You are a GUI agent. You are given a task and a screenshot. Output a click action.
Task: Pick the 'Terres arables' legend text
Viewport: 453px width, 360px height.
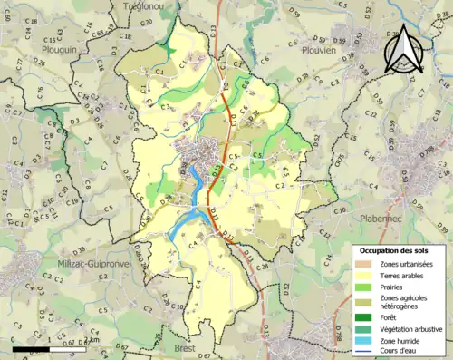click(407, 276)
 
